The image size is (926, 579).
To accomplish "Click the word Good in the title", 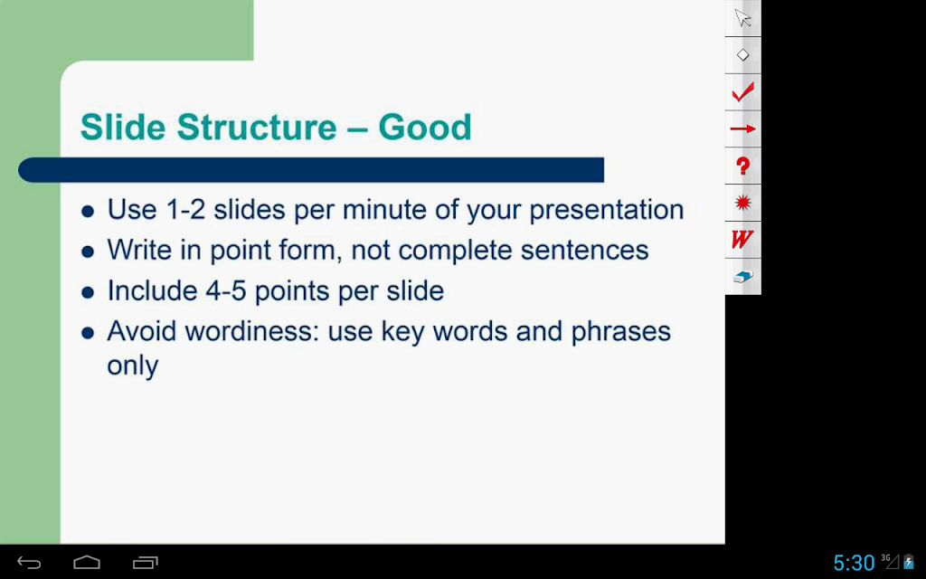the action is (425, 127).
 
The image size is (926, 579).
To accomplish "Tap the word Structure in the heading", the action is (256, 127).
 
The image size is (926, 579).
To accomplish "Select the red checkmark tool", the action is (743, 92).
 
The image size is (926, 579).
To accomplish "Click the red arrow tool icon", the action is (743, 128).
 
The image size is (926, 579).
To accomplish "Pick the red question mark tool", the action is (743, 166).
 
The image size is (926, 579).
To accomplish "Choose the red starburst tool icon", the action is (743, 203).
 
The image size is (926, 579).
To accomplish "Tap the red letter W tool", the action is (742, 239).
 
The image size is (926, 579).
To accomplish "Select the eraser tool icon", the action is (743, 277).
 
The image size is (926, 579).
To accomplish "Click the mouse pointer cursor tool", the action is (743, 18).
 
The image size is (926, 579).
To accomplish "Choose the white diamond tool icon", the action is (743, 55).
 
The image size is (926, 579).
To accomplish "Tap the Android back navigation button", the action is (29, 563).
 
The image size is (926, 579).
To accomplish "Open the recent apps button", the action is (146, 563).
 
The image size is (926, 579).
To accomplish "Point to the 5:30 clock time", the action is (854, 563).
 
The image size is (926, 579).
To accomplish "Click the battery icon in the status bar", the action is (909, 562).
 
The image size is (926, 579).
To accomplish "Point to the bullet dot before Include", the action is (88, 292).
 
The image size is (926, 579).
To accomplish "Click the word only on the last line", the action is (133, 366).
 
